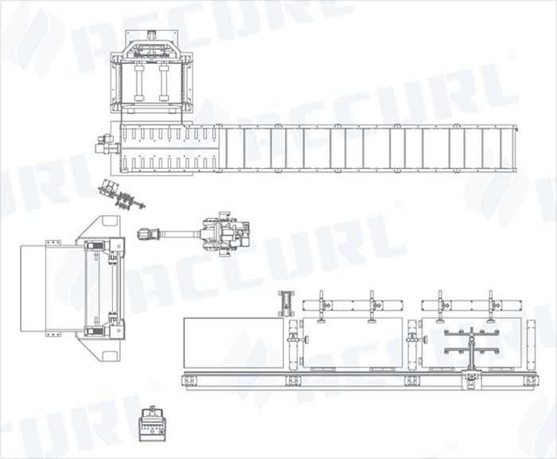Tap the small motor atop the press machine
point(152,35)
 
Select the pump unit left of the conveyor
point(107,144)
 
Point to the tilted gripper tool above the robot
point(122,194)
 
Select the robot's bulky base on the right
point(226,233)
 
